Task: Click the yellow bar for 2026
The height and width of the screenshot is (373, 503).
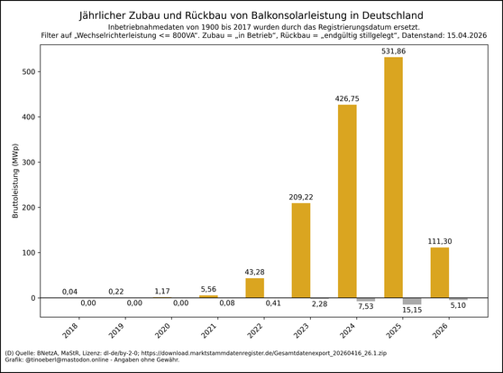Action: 439,272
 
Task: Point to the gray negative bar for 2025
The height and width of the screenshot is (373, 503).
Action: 412,301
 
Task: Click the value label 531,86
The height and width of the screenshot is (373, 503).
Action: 393,51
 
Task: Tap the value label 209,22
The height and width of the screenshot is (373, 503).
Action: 300,197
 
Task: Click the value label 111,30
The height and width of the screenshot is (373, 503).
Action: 439,241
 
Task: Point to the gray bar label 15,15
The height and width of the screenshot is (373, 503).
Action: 412,311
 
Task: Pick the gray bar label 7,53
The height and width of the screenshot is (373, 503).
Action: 366,307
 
